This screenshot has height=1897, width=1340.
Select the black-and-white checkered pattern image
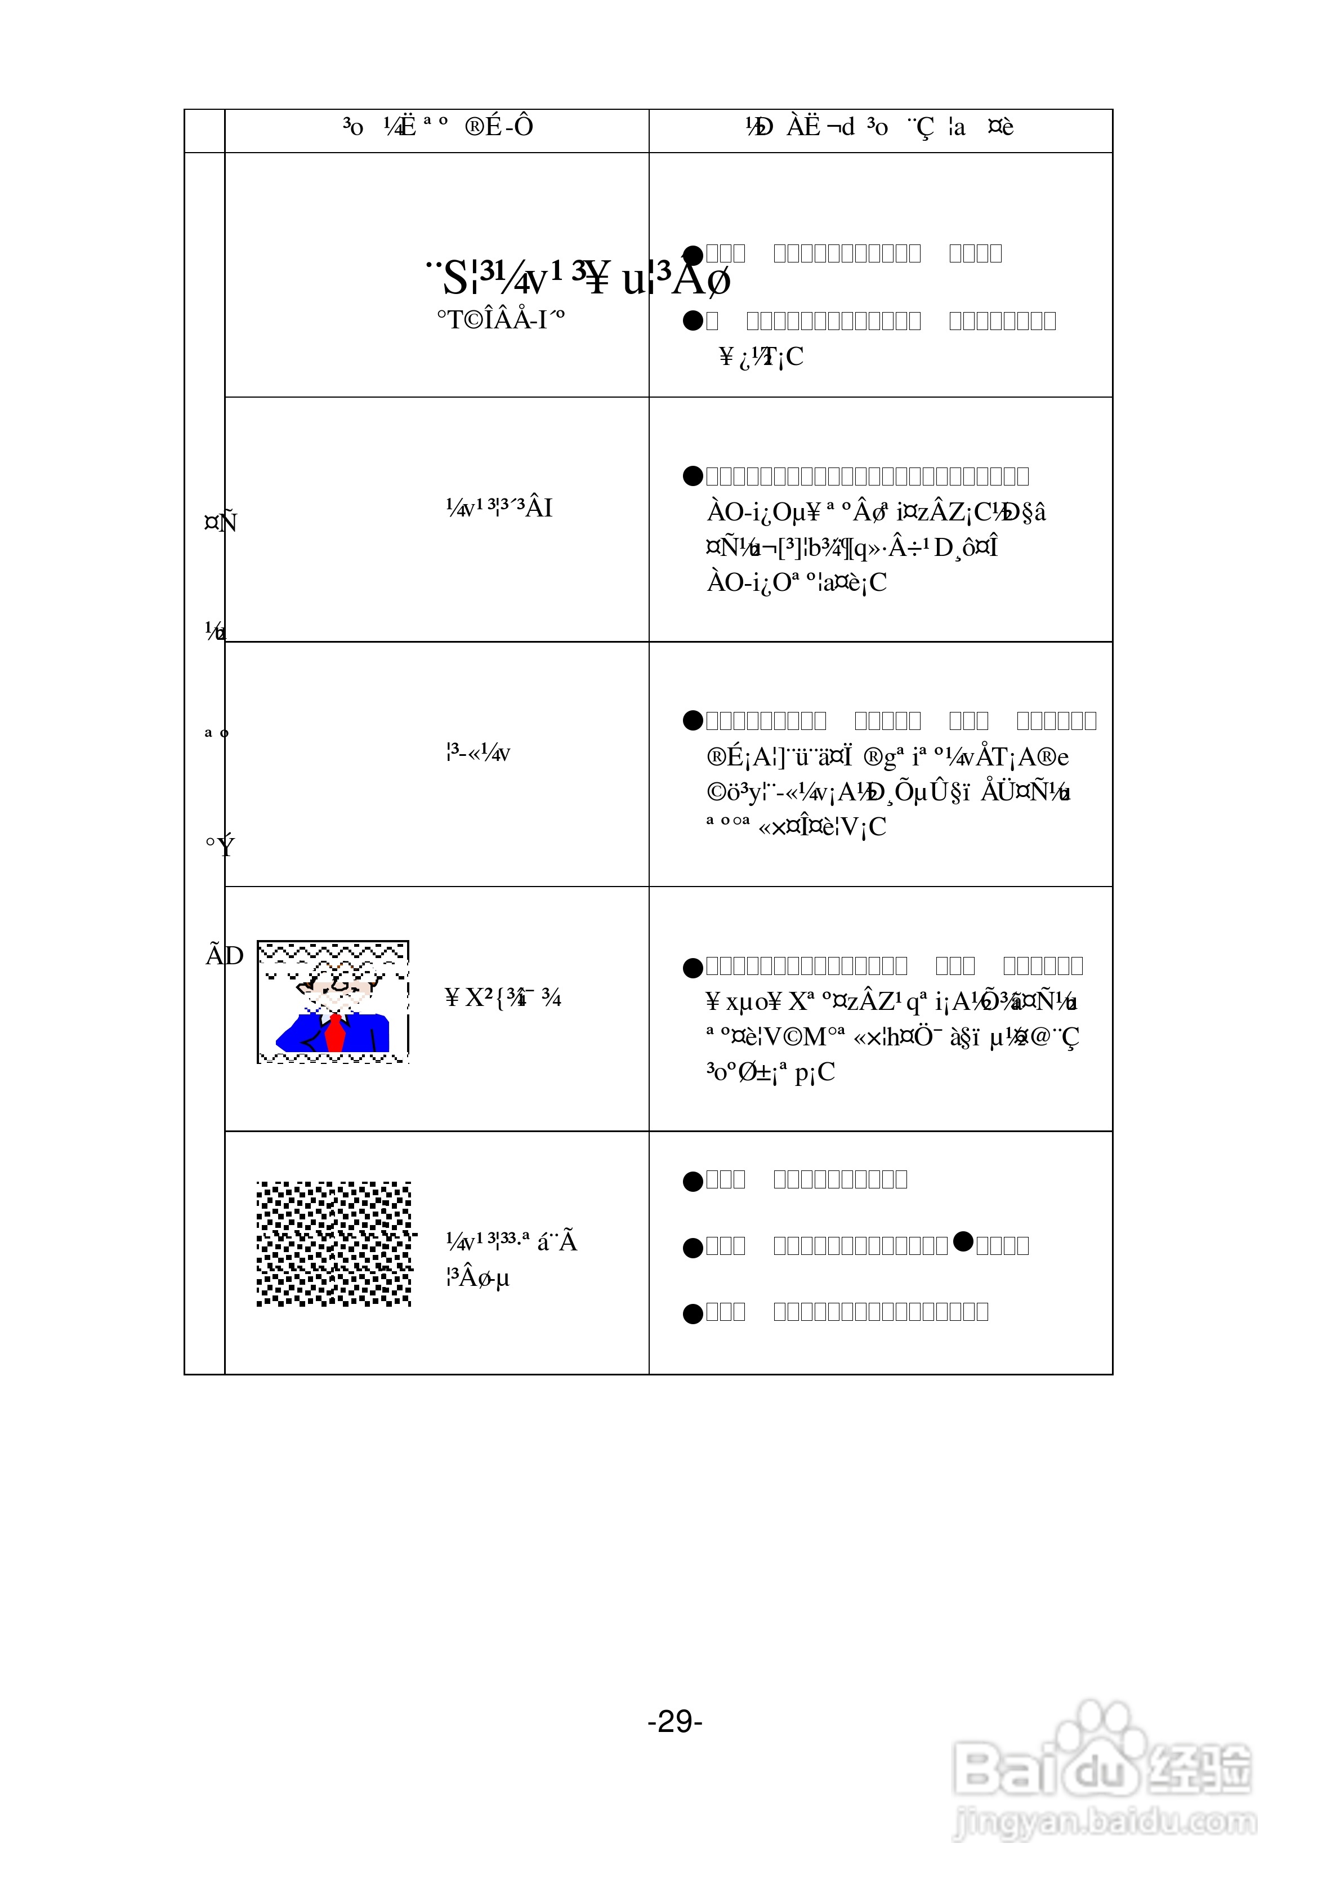pos(334,1244)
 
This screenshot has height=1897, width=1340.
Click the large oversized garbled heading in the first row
pos(578,278)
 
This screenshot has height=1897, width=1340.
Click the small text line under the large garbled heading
pos(501,320)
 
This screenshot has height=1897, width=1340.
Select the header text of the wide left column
pos(438,127)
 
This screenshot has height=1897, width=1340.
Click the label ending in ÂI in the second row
pos(499,507)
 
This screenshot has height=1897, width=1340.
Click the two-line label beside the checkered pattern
pos(511,1260)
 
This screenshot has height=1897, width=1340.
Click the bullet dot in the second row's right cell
pos(693,476)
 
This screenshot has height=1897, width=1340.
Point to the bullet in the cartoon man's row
pos(693,967)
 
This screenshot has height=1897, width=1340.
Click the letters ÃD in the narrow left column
pos(224,956)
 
